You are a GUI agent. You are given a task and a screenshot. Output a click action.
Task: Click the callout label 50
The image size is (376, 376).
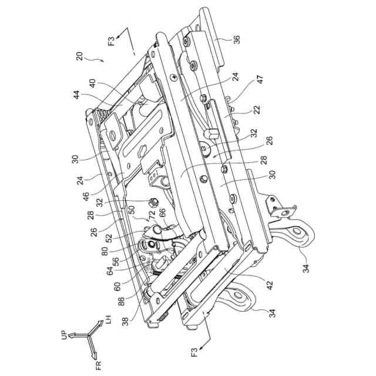tap(130, 209)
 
